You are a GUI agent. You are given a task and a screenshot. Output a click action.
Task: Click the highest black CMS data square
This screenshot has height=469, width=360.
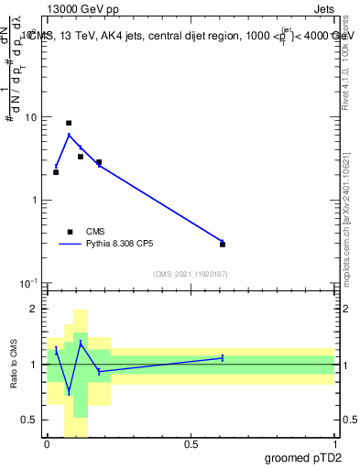[69, 123]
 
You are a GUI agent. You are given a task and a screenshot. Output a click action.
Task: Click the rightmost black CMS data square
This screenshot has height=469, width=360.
[223, 245]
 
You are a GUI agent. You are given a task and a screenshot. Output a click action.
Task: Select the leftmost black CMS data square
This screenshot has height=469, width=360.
[56, 172]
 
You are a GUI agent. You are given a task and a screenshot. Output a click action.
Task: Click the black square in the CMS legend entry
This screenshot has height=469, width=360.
[70, 232]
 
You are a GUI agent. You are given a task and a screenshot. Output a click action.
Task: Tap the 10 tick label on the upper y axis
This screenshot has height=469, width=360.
[30, 117]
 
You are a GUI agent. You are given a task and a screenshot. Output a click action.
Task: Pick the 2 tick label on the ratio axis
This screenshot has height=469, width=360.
[34, 309]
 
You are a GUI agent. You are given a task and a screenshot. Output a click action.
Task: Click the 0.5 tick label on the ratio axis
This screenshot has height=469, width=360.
[30, 420]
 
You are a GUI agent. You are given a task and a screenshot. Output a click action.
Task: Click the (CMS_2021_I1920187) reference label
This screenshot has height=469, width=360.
[191, 274]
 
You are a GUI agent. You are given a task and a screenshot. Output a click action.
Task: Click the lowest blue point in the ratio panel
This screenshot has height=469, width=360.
[69, 392]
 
